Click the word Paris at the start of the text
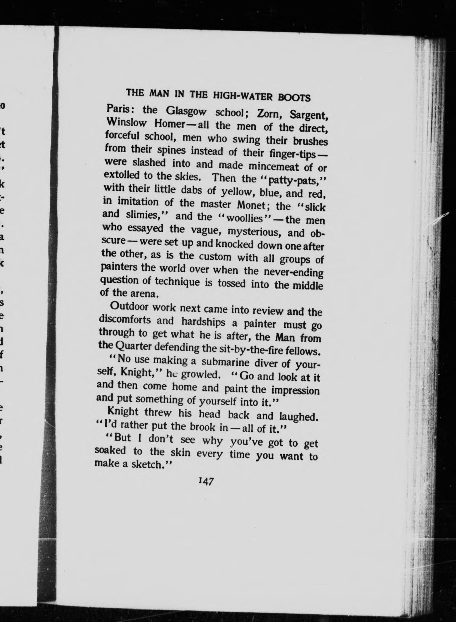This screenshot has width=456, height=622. pos(118,110)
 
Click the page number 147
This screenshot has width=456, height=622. pos(206,481)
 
